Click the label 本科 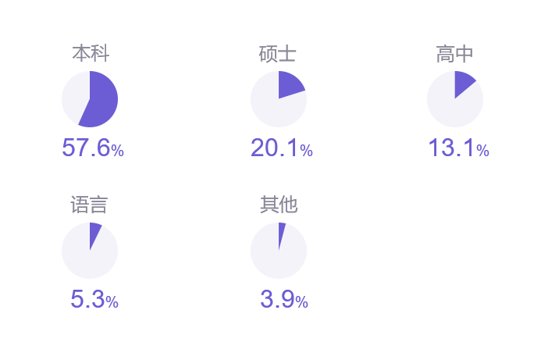click(90, 54)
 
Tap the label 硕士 click(278, 54)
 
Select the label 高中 click(454, 54)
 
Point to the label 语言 click(90, 205)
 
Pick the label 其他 click(278, 205)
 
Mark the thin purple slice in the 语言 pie click(94, 232)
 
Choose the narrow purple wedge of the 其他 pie click(281, 232)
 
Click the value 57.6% click(93, 148)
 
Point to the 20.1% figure click(281, 148)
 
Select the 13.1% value click(458, 148)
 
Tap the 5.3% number click(94, 299)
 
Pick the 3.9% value click(283, 299)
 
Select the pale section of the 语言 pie click(87, 258)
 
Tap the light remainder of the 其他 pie click(276, 258)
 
